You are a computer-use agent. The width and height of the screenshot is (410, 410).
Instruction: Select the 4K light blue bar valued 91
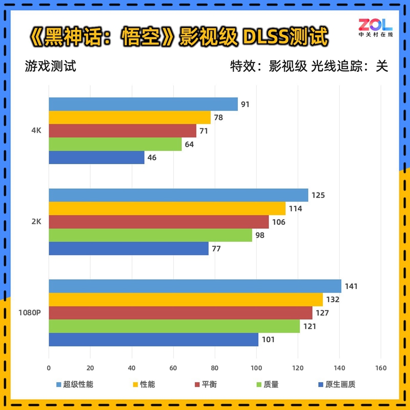[x=143, y=104]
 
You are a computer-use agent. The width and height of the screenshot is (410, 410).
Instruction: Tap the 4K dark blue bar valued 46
[x=96, y=158]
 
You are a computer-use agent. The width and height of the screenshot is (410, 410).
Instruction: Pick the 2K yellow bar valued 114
[x=167, y=208]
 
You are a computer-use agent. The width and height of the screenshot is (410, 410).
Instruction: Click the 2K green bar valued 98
[x=150, y=235]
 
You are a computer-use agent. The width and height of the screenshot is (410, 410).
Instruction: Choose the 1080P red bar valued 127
[x=180, y=313]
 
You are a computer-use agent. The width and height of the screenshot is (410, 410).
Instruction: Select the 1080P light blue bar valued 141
[x=195, y=286]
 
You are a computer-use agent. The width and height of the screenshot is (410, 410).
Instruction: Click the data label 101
[x=268, y=340]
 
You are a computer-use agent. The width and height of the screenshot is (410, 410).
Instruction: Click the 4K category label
[x=36, y=131]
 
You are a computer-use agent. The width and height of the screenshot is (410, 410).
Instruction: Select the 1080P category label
[x=30, y=313]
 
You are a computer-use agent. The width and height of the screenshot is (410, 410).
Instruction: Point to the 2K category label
[x=36, y=222]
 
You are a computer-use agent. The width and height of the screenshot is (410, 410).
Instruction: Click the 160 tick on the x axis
[x=380, y=368]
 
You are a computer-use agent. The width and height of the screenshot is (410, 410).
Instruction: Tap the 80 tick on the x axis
[x=214, y=368]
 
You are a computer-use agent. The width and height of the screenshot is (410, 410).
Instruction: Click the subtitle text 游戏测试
[x=50, y=67]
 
